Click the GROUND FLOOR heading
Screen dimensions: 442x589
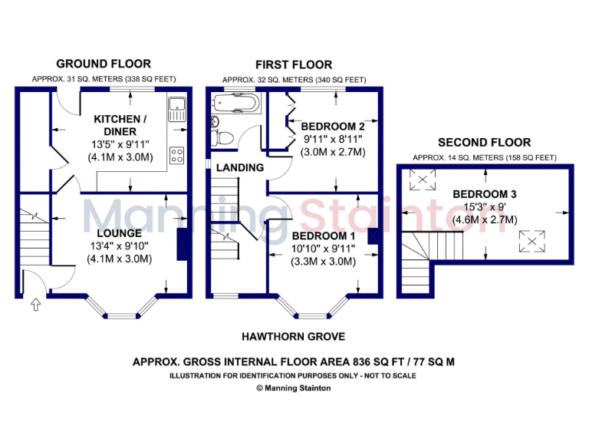pyautogui.click(x=104, y=64)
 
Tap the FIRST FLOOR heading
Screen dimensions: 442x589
pyautogui.click(x=294, y=64)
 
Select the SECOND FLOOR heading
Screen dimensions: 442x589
pyautogui.click(x=483, y=142)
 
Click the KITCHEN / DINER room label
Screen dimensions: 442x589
pyautogui.click(x=119, y=125)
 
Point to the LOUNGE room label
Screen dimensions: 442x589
pyautogui.click(x=119, y=233)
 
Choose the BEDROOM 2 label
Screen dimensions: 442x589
pyautogui.click(x=332, y=127)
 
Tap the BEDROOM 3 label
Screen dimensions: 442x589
pyautogui.click(x=484, y=194)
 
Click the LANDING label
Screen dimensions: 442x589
pyautogui.click(x=239, y=167)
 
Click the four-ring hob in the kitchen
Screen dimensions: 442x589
pyautogui.click(x=176, y=155)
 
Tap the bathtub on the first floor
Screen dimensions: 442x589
pyautogui.click(x=235, y=102)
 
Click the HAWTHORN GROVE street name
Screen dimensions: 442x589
pyautogui.click(x=294, y=336)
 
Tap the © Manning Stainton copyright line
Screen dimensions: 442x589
pyautogui.click(x=294, y=388)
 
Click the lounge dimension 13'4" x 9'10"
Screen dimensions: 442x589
pyautogui.click(x=119, y=246)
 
